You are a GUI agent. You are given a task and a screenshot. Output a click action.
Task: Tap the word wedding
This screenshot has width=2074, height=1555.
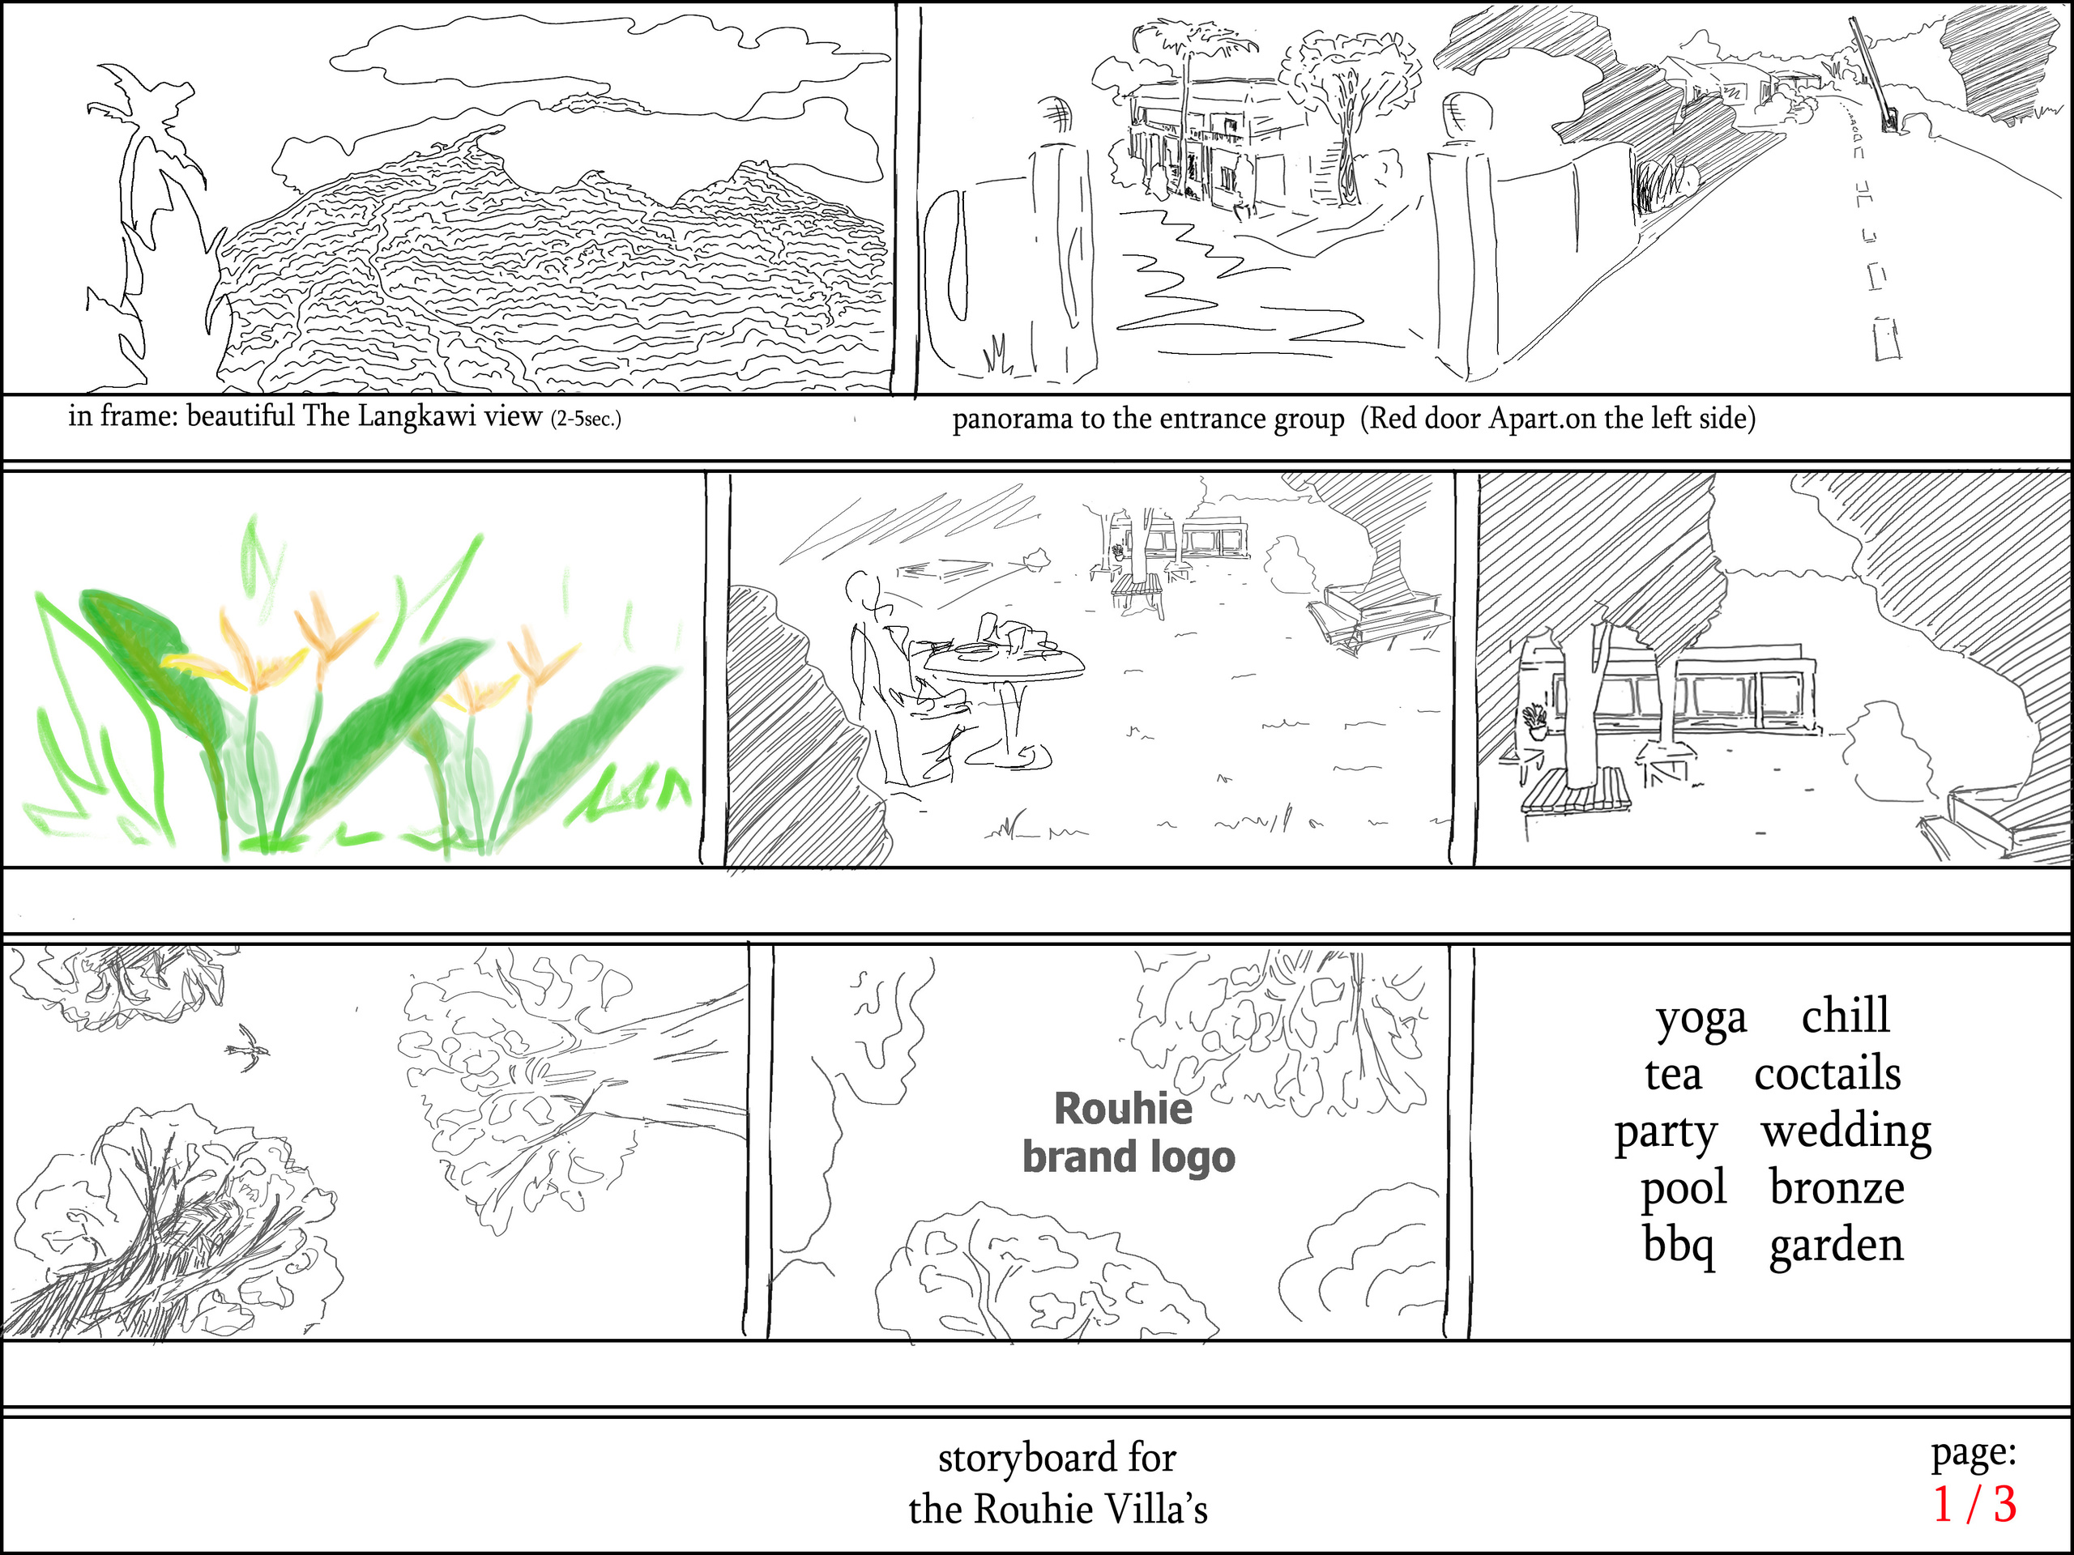tap(1846, 1131)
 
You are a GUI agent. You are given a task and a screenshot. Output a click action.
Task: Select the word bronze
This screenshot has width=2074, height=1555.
tap(1837, 1188)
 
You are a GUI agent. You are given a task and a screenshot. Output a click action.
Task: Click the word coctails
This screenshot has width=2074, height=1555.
tap(1828, 1074)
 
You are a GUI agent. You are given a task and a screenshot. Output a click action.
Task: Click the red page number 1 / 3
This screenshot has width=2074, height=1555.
tap(1974, 1505)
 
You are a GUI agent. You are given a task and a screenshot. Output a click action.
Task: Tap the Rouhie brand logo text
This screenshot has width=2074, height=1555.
tap(1128, 1133)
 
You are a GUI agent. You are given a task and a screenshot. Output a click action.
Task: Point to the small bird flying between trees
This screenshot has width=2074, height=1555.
tap(249, 1047)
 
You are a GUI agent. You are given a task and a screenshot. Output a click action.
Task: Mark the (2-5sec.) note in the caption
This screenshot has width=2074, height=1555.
tap(585, 419)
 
